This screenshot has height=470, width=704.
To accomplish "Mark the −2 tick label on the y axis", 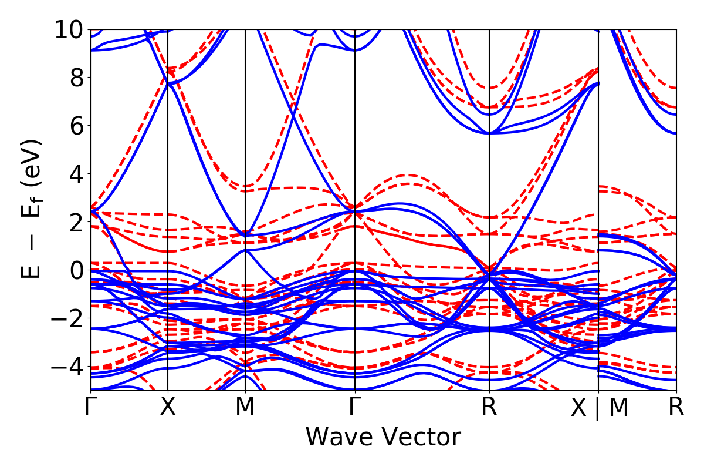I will tap(65, 318).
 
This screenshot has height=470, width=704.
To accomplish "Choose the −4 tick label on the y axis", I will tap(65, 367).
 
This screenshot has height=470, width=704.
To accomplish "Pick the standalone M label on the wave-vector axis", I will tap(245, 407).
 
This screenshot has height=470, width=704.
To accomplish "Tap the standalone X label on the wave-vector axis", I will tap(168, 407).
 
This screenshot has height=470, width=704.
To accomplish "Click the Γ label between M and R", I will tap(354, 407).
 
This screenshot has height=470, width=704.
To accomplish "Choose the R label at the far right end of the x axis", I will tap(676, 407).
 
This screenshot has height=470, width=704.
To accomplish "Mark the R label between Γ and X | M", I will tap(489, 407).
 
